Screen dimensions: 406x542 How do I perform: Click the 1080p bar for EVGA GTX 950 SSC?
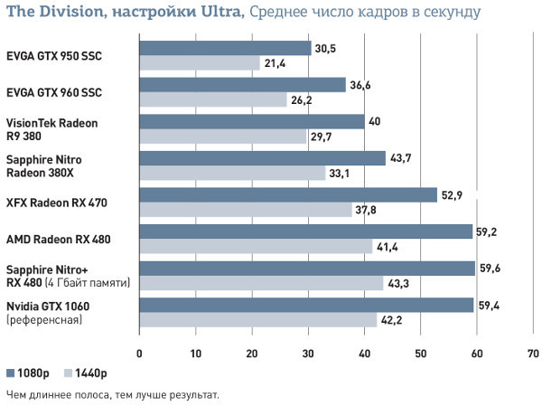point(225,49)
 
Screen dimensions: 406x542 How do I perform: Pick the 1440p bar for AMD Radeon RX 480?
point(256,246)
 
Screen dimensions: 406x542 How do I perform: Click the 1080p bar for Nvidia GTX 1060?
point(306,305)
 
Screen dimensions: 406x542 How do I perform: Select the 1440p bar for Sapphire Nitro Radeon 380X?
point(232,173)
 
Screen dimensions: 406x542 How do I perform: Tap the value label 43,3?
point(397,283)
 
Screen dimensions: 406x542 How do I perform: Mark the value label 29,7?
point(321,136)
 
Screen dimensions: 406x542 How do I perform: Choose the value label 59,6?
point(490,268)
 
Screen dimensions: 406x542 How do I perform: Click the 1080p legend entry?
point(24,373)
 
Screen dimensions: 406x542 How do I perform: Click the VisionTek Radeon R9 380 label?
point(51,128)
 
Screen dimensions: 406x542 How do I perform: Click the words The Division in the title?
point(51,13)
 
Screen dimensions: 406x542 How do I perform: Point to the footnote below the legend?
point(112,394)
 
